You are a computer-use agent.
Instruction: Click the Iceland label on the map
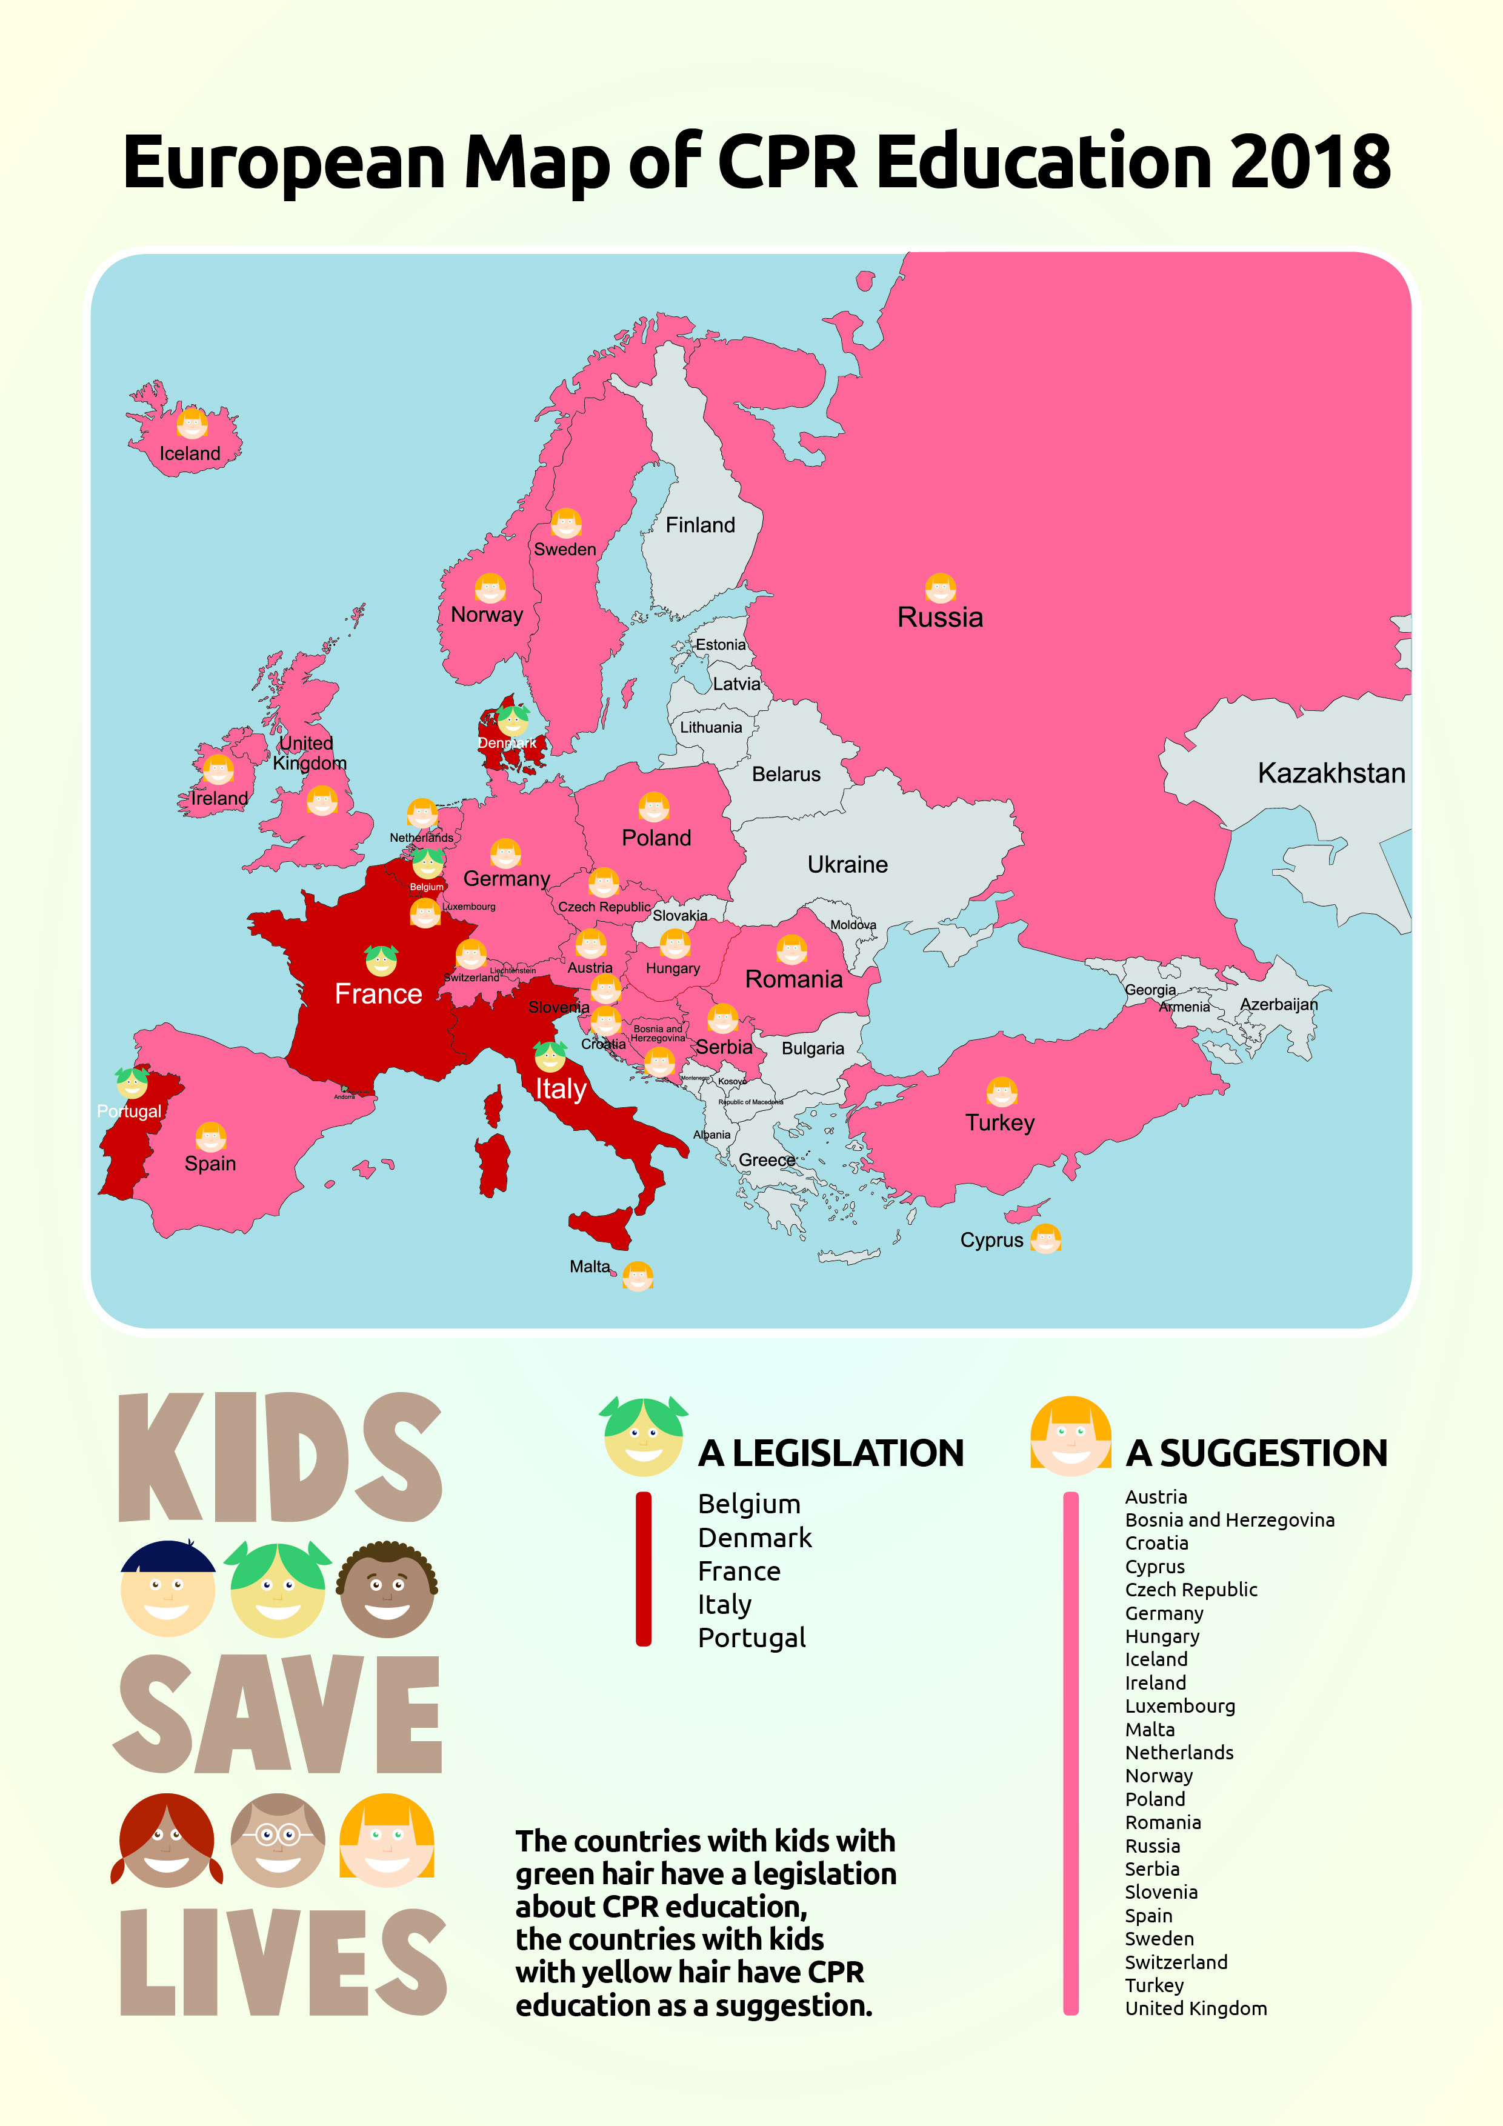[190, 454]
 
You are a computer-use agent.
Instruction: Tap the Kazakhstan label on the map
[1331, 773]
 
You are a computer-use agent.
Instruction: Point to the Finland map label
[700, 525]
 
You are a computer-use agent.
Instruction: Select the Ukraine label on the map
[847, 864]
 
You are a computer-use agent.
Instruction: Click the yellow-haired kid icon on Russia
[940, 588]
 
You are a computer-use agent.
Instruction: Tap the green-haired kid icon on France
[381, 961]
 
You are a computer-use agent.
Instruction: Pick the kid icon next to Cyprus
[1045, 1238]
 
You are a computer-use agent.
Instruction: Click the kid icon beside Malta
[637, 1276]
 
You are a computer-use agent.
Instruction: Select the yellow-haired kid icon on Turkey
[1001, 1093]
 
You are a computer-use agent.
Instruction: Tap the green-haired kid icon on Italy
[550, 1056]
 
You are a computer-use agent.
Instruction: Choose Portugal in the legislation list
[751, 1638]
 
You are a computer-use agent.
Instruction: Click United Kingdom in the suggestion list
[1196, 2008]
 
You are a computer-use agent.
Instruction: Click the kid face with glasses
[278, 1840]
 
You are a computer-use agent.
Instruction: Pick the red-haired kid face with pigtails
[167, 1840]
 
